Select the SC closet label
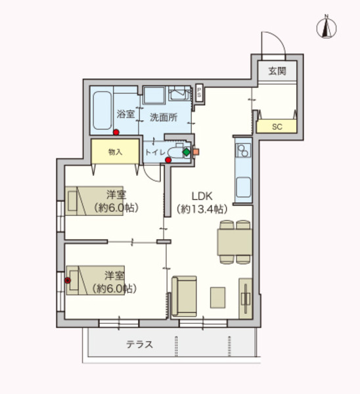pyautogui.click(x=277, y=127)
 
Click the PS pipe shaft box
pyautogui.click(x=199, y=92)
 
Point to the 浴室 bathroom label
pyautogui.click(x=125, y=114)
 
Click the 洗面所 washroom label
pyautogui.click(x=163, y=118)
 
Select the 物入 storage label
pyautogui.click(x=115, y=152)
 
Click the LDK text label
pyautogui.click(x=201, y=196)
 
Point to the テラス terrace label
pyautogui.click(x=139, y=344)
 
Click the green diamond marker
pyautogui.click(x=186, y=152)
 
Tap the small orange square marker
pyautogui.click(x=195, y=152)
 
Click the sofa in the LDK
pyautogui.click(x=185, y=296)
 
